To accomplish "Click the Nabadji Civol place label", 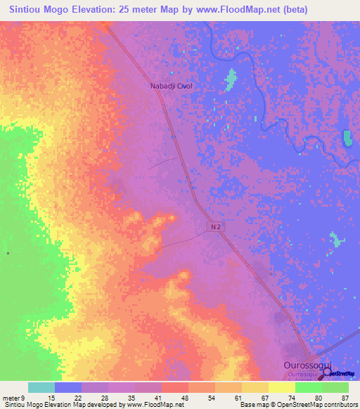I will tap(172, 86).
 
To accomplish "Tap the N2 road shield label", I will tap(217, 227).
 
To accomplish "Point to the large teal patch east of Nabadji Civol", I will tap(229, 79).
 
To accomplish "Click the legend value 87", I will tap(345, 397).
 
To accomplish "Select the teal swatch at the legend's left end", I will tap(41, 387).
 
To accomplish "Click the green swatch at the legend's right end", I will tap(335, 387).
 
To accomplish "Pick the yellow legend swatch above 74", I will tap(282, 387).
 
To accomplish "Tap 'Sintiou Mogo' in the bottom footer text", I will tap(21, 405).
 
